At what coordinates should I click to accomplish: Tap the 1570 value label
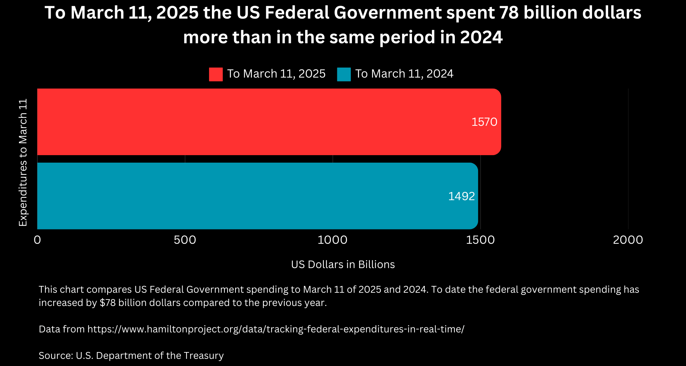tap(484, 122)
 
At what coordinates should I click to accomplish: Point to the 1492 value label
tap(461, 196)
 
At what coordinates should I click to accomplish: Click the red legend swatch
tap(216, 74)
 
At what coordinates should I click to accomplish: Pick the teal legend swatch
tap(344, 74)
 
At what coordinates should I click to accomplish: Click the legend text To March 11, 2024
tap(404, 74)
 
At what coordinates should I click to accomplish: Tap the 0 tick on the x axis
tap(37, 240)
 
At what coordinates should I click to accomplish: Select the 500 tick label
tap(185, 240)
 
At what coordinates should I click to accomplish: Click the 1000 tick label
tap(332, 240)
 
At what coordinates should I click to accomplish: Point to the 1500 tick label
tap(480, 240)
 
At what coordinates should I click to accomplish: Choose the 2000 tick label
tap(628, 240)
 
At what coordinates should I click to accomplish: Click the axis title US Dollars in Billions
tap(343, 264)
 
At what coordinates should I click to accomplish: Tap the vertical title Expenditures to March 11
tap(23, 163)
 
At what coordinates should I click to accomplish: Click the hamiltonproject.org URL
tap(276, 329)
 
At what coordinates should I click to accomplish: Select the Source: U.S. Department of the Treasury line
tap(131, 356)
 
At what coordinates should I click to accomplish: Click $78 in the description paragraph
tap(108, 303)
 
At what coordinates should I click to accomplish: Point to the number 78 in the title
tap(509, 13)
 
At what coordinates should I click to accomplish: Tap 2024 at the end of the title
tap(481, 38)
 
